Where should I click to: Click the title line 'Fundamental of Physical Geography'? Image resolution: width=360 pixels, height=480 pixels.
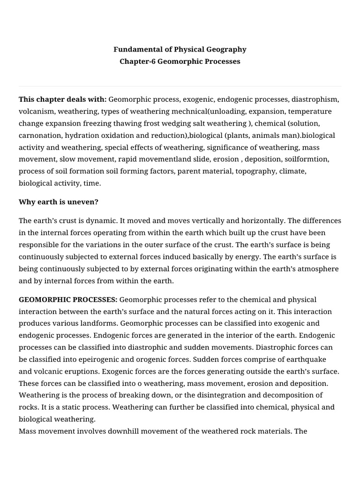click(180, 49)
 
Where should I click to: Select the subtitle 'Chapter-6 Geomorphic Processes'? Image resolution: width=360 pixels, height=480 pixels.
click(180, 61)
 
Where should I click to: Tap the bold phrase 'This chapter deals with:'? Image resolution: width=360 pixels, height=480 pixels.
click(63, 99)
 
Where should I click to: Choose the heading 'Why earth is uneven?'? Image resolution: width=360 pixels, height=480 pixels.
click(59, 202)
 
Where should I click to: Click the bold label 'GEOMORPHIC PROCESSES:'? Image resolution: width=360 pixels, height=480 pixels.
click(68, 300)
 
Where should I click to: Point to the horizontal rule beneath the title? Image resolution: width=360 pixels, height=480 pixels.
click(180, 86)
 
